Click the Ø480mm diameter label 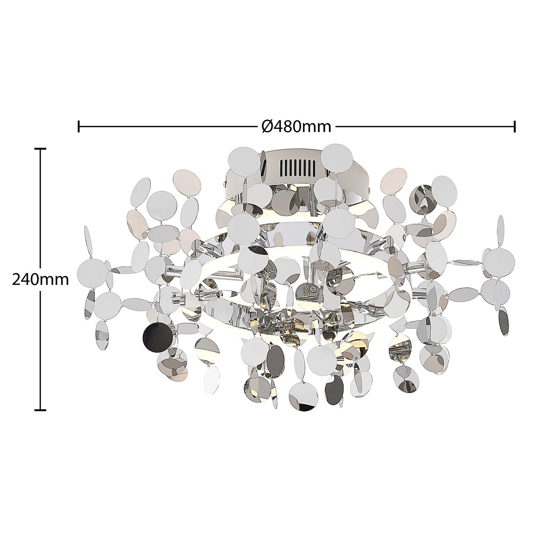click(296, 127)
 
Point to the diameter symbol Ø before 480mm click(267, 127)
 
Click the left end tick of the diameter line click(79, 126)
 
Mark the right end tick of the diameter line click(514, 126)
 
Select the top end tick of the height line click(40, 149)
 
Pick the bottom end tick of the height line click(40, 409)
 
